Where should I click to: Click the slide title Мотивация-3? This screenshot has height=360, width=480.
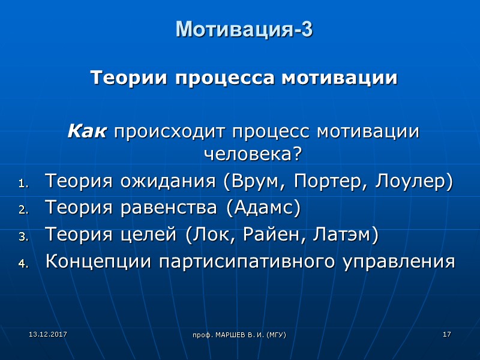(244, 29)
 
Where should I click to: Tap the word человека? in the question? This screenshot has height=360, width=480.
(253, 154)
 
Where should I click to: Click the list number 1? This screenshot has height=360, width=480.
(23, 184)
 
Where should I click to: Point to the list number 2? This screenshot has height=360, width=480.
(23, 211)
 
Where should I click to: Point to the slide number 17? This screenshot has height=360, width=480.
(446, 333)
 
